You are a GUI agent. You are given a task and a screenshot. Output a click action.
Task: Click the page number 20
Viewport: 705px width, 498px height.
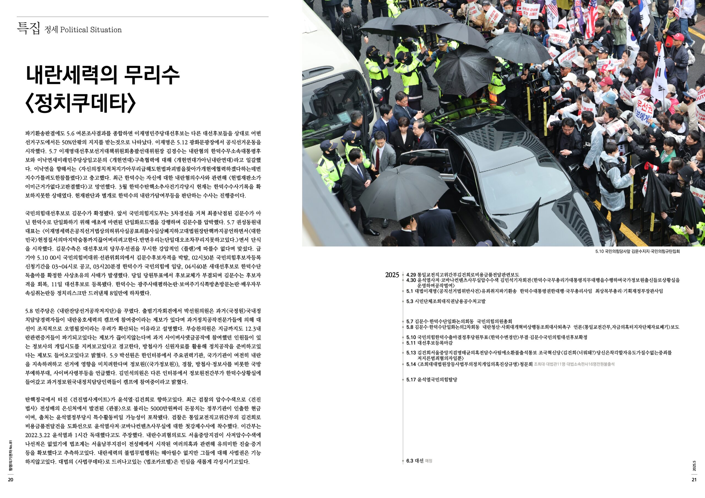[10, 480]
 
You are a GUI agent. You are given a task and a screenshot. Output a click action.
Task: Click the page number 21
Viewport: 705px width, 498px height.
[694, 480]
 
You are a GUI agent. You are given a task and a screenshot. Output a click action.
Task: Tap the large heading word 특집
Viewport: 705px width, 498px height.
[28, 29]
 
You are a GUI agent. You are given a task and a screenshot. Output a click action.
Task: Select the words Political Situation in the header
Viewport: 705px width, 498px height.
[91, 30]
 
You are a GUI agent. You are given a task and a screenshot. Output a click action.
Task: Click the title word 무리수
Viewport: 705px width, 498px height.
[152, 75]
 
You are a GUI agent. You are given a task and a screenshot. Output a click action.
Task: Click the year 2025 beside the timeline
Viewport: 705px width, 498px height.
[392, 275]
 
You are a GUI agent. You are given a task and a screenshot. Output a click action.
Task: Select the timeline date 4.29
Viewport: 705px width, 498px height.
[411, 275]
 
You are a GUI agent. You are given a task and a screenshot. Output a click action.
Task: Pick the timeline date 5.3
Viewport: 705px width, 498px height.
[410, 301]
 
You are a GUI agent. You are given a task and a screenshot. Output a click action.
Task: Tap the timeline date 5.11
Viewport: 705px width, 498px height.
[411, 343]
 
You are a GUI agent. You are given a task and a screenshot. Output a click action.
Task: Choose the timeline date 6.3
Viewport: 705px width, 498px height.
[410, 461]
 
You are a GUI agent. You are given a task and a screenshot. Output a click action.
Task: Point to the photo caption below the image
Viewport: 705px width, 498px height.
[638, 251]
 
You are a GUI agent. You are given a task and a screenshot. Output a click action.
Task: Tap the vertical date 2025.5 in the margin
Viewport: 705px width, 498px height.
[694, 466]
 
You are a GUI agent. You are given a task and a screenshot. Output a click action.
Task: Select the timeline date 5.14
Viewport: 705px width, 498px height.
[411, 364]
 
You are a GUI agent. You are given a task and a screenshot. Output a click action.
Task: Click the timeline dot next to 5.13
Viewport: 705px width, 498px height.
[403, 353]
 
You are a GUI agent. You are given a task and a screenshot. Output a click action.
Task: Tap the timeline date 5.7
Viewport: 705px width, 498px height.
[410, 322]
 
